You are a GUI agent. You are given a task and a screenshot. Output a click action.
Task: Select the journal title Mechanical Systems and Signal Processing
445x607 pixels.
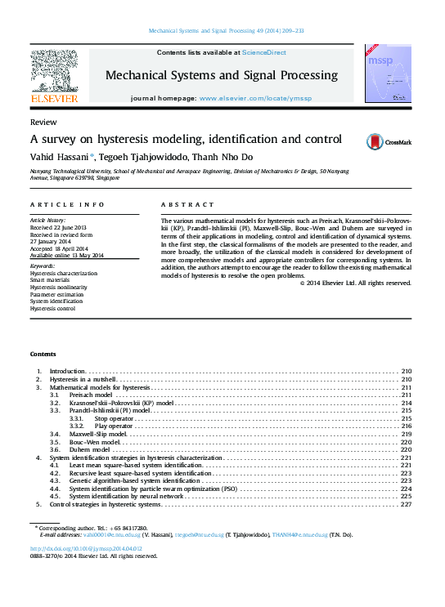(x=221, y=75)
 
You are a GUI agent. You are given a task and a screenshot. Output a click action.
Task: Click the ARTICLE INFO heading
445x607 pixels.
(x=67, y=204)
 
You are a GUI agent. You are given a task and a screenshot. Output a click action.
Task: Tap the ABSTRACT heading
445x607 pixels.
(x=187, y=204)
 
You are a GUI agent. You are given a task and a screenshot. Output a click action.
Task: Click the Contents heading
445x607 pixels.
(x=43, y=354)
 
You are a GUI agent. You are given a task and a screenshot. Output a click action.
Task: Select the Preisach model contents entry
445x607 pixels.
(x=90, y=395)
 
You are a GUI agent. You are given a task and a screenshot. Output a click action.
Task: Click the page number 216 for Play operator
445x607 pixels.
(x=405, y=426)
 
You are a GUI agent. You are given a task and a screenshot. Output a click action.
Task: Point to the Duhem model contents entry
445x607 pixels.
(x=90, y=449)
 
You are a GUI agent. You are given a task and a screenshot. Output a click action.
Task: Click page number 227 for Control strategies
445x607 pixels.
(x=405, y=504)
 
